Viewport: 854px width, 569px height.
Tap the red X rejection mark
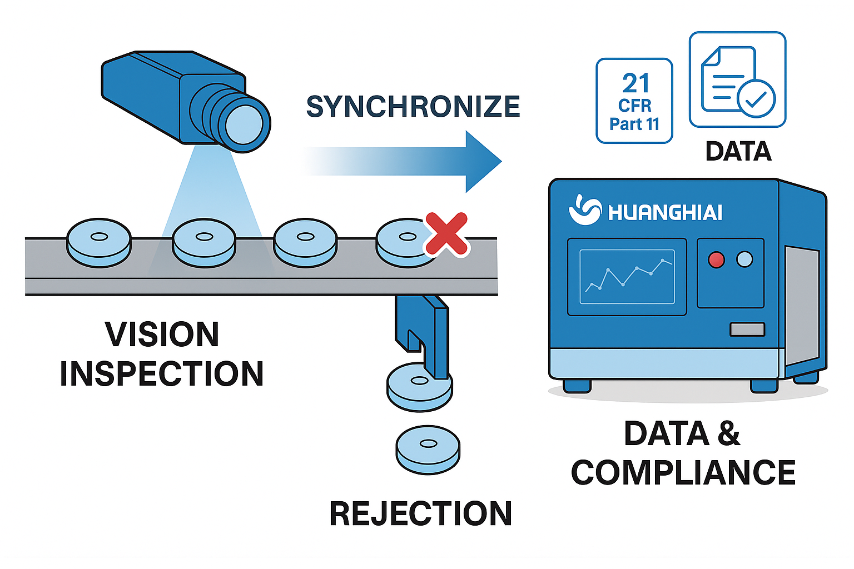point(446,234)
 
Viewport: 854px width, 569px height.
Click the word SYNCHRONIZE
point(413,107)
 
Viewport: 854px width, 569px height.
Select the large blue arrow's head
point(481,162)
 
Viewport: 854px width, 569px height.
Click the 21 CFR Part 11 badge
point(634,101)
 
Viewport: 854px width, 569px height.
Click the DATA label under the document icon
point(738,152)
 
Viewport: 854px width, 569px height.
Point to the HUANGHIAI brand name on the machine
point(665,212)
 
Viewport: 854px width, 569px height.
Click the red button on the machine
point(716,259)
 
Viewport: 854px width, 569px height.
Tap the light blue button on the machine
point(744,259)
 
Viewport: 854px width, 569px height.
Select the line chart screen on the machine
point(627,277)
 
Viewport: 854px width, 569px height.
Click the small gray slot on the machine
point(747,330)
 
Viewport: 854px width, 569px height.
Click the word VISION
point(162,335)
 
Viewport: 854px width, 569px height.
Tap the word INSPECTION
point(162,374)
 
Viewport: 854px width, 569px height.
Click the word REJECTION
point(420,513)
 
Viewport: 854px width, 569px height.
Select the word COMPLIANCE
point(683,473)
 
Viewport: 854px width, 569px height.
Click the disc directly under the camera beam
point(204,242)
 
